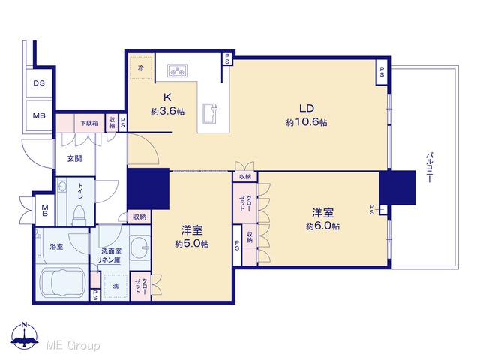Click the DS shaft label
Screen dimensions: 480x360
[x=39, y=83]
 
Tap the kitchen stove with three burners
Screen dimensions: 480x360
[x=177, y=70]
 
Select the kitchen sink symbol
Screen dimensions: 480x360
[x=210, y=113]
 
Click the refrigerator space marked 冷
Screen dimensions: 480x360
[x=141, y=67]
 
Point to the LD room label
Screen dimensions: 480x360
[x=307, y=108]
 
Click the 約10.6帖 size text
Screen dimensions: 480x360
[x=307, y=122]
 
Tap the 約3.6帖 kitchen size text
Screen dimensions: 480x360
[x=167, y=112]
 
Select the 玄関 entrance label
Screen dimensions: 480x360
[x=75, y=158]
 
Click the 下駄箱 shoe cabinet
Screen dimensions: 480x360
[x=89, y=123]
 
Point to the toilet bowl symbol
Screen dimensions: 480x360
[x=79, y=215]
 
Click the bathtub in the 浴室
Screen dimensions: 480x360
[x=62, y=282]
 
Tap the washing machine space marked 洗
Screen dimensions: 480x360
[x=115, y=286]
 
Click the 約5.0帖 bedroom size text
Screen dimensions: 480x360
[x=192, y=244]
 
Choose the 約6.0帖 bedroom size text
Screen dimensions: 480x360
[x=322, y=226]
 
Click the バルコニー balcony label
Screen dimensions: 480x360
[x=430, y=167]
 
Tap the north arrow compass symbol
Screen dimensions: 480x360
[x=25, y=335]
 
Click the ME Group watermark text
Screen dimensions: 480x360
[x=73, y=346]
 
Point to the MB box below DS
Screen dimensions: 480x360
[x=39, y=115]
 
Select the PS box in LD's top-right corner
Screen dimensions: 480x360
[x=382, y=72]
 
